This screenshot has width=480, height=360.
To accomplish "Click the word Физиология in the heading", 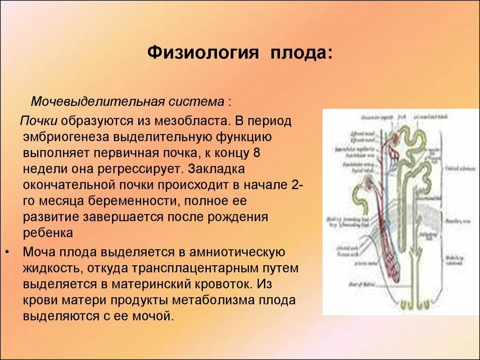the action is (x=203, y=52).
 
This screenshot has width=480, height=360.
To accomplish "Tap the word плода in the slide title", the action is (x=300, y=52).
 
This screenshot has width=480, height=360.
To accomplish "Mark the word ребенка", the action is (x=48, y=233).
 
